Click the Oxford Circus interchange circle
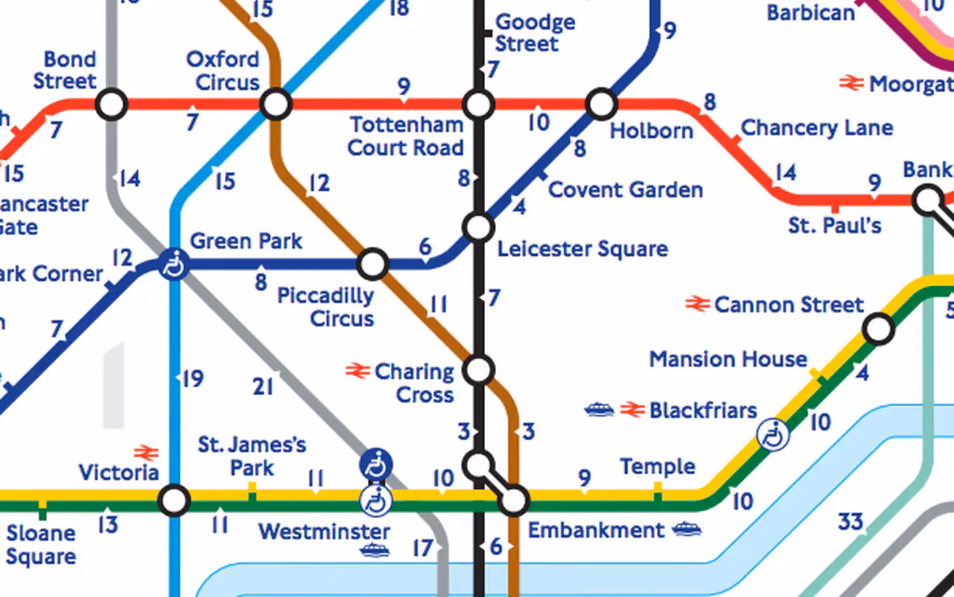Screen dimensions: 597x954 [276, 105]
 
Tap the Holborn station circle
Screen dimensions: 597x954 [602, 104]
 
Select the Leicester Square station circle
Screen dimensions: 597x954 [478, 227]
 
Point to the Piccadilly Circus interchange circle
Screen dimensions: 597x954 [373, 264]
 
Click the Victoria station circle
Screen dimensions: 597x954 [174, 501]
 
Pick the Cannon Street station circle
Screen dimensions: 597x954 [878, 329]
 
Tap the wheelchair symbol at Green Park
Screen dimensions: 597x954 [174, 264]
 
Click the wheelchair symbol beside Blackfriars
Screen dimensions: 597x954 [773, 434]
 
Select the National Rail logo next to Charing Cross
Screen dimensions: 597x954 [356, 371]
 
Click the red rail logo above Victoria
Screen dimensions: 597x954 [146, 453]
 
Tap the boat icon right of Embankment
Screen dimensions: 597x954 [687, 530]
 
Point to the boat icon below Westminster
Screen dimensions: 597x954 [375, 550]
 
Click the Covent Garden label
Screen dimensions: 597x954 [625, 189]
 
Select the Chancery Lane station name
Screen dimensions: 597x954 [816, 127]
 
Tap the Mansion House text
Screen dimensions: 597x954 [728, 359]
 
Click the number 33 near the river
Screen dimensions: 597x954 [850, 522]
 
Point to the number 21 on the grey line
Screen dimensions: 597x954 [263, 386]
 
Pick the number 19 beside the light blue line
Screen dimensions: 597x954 [193, 378]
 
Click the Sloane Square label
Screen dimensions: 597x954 [41, 545]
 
